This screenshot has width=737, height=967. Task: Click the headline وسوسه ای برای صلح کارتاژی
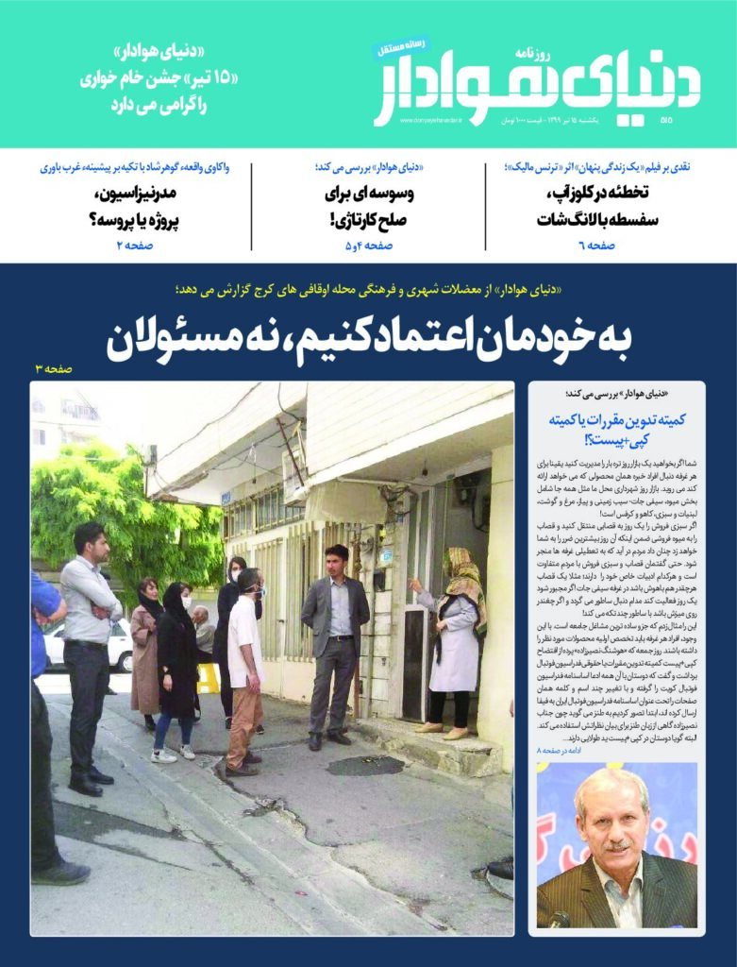[x=369, y=207]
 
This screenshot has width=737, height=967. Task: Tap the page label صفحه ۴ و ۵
[x=368, y=246]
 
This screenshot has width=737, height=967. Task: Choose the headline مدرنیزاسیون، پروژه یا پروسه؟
[x=132, y=207]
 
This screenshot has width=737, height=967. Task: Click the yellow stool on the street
[x=208, y=677]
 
